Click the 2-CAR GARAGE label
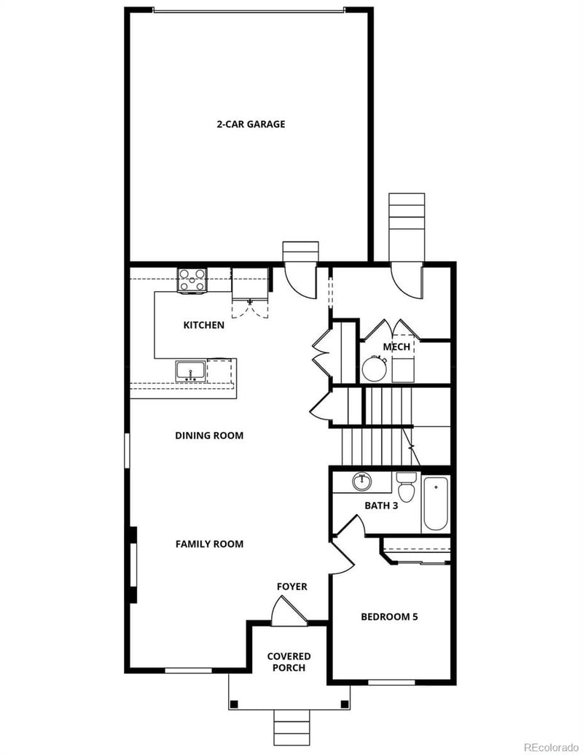click(251, 124)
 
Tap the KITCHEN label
click(203, 325)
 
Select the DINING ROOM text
click(209, 435)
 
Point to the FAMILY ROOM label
click(209, 543)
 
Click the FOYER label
click(291, 586)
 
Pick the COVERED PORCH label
click(289, 662)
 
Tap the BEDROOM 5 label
click(389, 616)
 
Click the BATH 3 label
click(381, 505)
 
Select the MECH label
click(396, 346)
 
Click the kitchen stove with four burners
click(192, 280)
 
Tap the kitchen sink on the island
click(190, 371)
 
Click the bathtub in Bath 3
click(437, 503)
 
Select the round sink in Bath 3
click(362, 481)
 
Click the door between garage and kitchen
click(300, 279)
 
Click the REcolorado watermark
click(551, 747)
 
